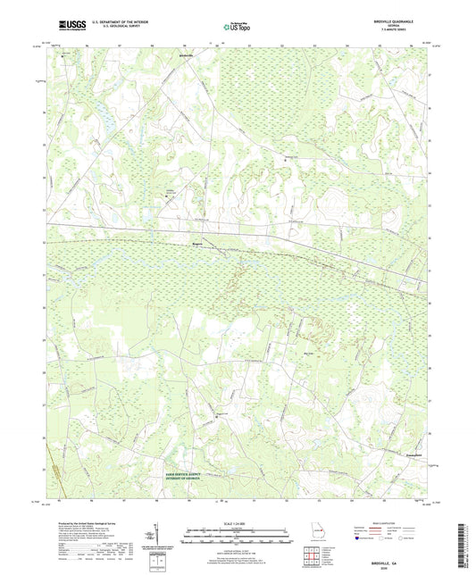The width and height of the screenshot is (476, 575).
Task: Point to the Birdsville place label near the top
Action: (186, 54)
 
